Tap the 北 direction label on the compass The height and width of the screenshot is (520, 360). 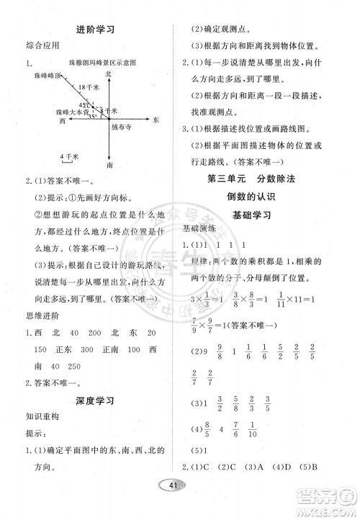click(x=109, y=73)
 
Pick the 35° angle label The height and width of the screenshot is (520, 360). click(x=92, y=117)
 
